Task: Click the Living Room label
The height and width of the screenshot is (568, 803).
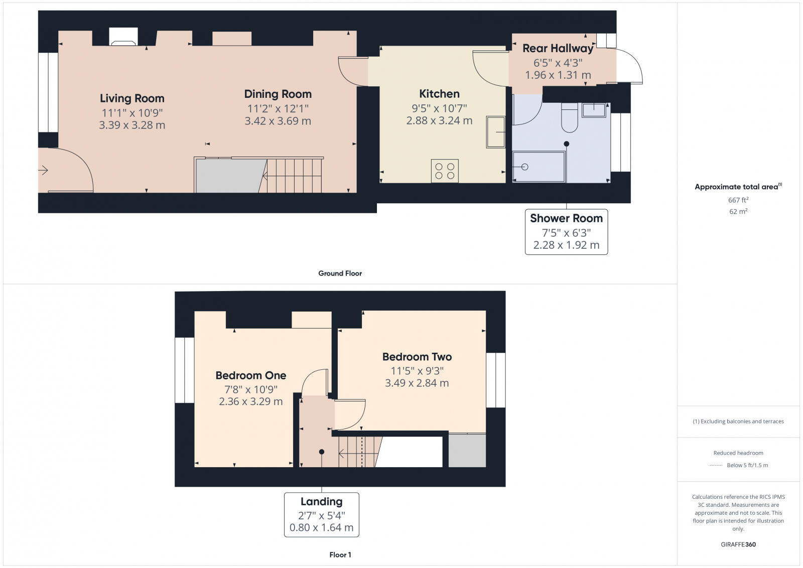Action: (132, 98)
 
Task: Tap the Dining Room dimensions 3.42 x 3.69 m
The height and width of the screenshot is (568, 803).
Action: (278, 121)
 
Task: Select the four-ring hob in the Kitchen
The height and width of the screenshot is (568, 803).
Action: (445, 171)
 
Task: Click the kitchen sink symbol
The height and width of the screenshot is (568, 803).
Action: (495, 131)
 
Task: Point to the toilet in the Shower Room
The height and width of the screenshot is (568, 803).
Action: (570, 117)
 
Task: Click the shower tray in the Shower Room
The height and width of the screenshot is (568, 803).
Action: (539, 167)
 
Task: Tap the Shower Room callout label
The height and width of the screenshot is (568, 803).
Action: (566, 219)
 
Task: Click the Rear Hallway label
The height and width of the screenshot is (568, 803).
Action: (558, 49)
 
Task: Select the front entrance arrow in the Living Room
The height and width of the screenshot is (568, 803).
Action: (43, 171)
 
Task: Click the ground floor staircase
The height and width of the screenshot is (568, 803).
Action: (294, 175)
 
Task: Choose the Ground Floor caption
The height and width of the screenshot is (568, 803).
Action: (340, 273)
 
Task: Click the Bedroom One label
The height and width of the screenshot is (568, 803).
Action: (250, 375)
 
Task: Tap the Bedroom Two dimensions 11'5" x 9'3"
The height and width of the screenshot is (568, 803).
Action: (417, 371)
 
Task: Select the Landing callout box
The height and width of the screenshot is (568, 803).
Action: (321, 514)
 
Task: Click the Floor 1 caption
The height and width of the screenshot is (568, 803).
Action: (340, 555)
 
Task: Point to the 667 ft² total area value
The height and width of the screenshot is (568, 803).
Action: (738, 200)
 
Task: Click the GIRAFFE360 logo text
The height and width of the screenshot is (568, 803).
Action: (738, 544)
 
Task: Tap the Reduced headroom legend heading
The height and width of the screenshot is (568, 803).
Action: (738, 453)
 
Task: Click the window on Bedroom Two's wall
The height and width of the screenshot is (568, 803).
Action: (495, 380)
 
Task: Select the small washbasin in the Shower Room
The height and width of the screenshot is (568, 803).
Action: (594, 110)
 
